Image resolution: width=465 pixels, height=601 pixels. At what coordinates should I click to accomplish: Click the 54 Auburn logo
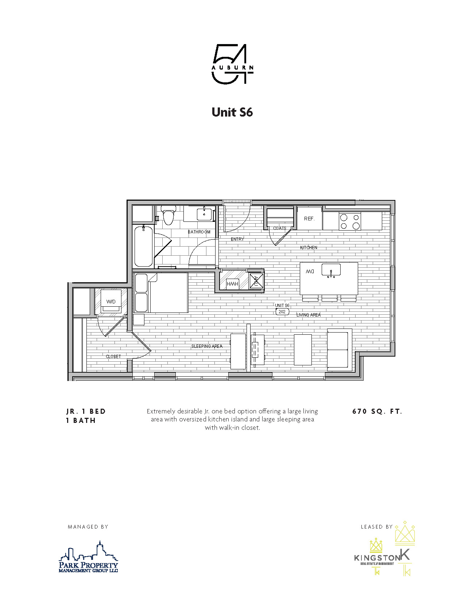(x=232, y=64)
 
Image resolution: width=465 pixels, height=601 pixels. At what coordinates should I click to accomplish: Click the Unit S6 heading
(x=232, y=112)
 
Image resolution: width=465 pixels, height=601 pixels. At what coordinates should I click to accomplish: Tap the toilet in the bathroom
(x=168, y=215)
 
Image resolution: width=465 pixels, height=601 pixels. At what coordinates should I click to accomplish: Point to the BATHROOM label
(x=199, y=232)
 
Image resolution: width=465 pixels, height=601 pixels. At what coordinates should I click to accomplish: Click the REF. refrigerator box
(x=309, y=219)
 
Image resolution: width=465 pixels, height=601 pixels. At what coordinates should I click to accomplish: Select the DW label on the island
(x=310, y=272)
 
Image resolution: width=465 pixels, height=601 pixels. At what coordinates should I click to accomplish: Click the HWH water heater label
(x=232, y=284)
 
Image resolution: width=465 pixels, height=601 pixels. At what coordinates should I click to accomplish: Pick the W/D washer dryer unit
(x=111, y=302)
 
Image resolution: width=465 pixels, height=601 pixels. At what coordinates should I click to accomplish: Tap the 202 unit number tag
(x=282, y=312)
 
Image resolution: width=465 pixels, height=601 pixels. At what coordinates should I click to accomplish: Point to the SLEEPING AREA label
(x=207, y=346)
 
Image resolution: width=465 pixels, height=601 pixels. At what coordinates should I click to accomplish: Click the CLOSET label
(x=113, y=357)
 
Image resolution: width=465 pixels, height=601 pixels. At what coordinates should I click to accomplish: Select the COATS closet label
(x=280, y=228)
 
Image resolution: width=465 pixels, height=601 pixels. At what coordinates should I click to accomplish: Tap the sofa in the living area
(x=338, y=350)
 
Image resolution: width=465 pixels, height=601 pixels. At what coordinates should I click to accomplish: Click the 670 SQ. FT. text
(x=377, y=412)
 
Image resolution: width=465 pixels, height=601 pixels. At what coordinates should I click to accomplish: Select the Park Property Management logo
(x=89, y=558)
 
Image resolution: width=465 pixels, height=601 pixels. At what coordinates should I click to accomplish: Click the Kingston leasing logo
(x=383, y=550)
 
